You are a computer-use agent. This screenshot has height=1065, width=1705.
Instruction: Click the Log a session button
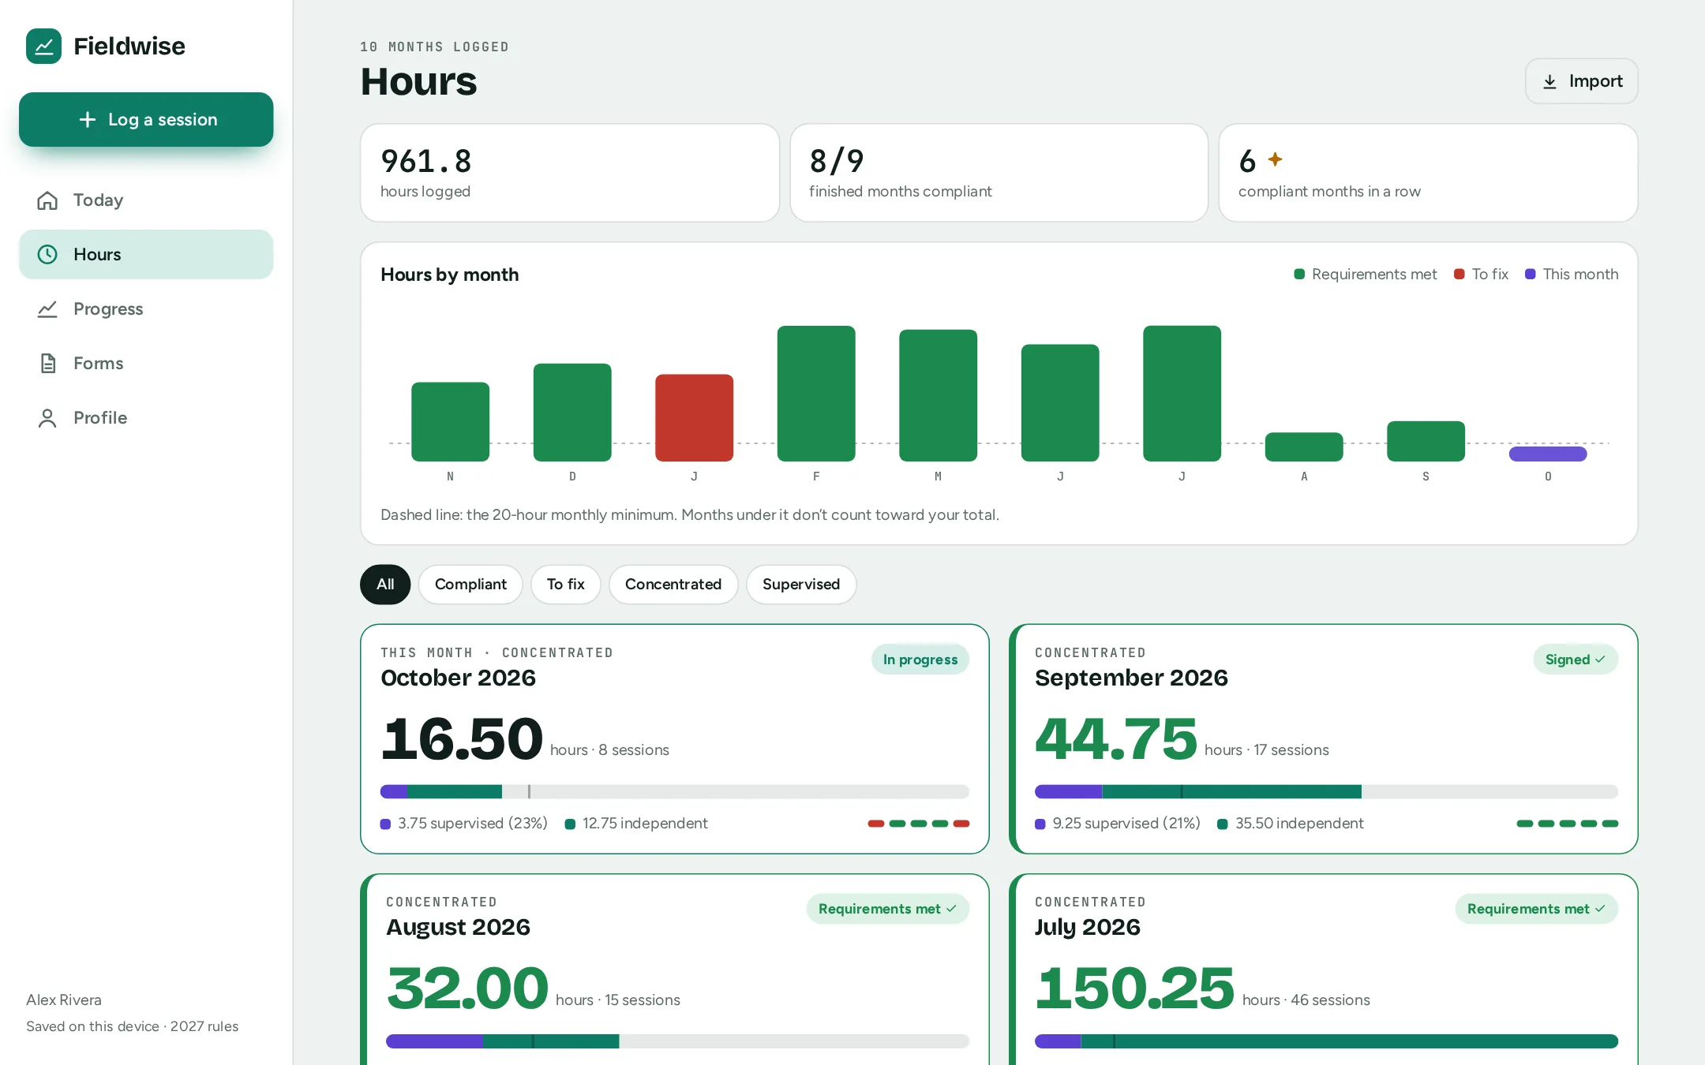pos(146,120)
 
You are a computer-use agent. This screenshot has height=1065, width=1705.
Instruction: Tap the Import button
pos(1581,81)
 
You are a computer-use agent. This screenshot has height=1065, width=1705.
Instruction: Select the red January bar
pos(694,417)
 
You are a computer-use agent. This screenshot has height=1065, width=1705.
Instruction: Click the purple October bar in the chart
pos(1547,454)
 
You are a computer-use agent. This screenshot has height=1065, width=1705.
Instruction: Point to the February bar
pos(816,393)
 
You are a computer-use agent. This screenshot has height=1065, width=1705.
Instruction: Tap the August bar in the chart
pos(1304,447)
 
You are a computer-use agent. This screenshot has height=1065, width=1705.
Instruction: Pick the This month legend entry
pos(1572,274)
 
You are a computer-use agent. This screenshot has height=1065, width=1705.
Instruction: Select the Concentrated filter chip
pos(673,585)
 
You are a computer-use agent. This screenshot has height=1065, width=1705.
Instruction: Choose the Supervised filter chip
pos(801,585)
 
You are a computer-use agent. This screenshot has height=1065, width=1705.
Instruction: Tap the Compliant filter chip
pos(470,585)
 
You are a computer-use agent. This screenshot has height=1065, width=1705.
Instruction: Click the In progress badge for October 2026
pos(920,660)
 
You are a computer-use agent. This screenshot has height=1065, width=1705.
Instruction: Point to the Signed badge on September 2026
pos(1576,660)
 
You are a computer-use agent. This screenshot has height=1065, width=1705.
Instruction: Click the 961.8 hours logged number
pos(426,161)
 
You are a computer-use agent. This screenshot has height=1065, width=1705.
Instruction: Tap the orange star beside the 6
pos(1275,159)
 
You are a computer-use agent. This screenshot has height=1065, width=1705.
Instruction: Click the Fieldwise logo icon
pos(43,46)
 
